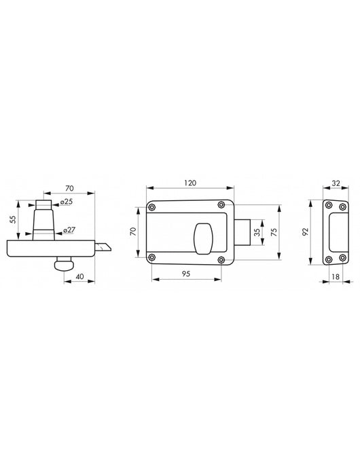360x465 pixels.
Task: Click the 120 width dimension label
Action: (191, 184)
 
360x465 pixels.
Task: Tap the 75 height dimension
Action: (274, 231)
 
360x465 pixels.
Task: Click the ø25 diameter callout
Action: (66, 202)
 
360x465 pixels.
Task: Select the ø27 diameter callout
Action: (69, 230)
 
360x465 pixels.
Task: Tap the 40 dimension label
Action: (79, 276)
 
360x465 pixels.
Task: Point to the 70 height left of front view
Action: (134, 231)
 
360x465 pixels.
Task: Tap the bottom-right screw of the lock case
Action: (221, 257)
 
